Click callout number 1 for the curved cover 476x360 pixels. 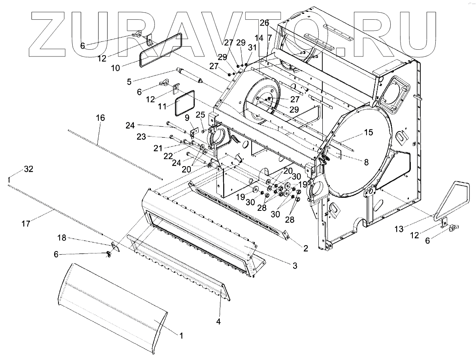181,336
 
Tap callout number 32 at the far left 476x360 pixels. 28,169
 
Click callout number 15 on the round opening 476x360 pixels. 368,133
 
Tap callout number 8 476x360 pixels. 366,161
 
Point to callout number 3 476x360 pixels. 295,266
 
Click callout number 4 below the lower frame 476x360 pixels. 218,322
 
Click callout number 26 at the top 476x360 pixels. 264,22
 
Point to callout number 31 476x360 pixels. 252,47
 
